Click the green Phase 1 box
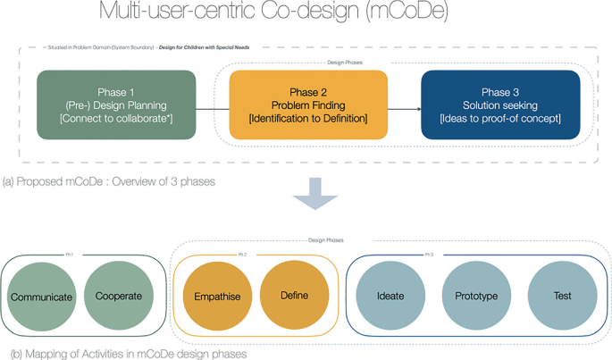pyautogui.click(x=116, y=105)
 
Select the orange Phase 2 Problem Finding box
pyautogui.click(x=308, y=105)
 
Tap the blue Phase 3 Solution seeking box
pyautogui.click(x=500, y=105)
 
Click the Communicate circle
pyautogui.click(x=41, y=297)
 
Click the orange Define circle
pyautogui.click(x=294, y=297)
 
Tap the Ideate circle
pyautogui.click(x=390, y=297)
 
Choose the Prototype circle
pyautogui.click(x=475, y=297)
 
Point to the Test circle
pyautogui.click(x=561, y=297)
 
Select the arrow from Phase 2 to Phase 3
pyautogui.click(x=404, y=109)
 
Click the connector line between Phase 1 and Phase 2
pyautogui.click(x=213, y=109)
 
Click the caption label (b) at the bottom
pyautogui.click(x=9, y=354)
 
